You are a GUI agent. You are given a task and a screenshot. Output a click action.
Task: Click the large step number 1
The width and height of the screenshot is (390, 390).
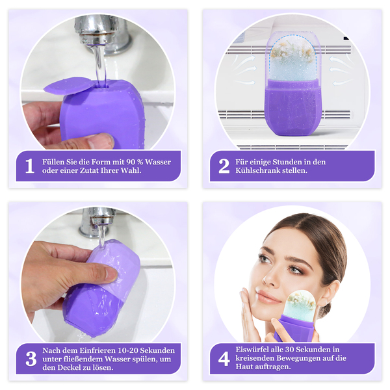pos(30,166)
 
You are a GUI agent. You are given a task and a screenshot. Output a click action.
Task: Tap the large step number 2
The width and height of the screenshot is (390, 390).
pos(224,166)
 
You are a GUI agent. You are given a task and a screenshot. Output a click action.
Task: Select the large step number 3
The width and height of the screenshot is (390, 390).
pos(31,359)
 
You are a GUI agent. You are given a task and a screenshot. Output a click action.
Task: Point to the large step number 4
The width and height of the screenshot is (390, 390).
pos(224,359)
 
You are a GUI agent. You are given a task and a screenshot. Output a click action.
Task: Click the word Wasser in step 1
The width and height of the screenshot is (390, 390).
pos(158,162)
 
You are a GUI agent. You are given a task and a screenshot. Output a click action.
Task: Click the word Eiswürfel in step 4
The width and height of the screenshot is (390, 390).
pos(251,350)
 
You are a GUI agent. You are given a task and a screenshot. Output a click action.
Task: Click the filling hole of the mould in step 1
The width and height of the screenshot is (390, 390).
pos(105,86)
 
